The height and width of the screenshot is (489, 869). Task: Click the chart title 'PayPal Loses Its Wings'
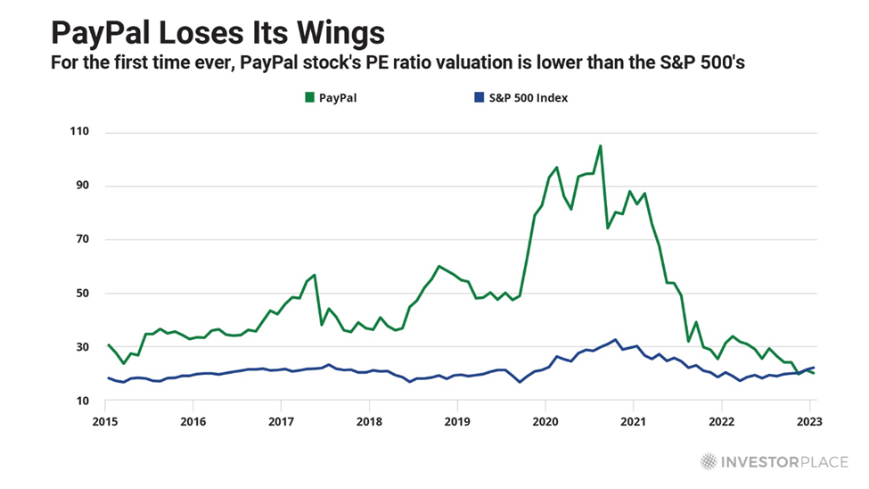coord(217,33)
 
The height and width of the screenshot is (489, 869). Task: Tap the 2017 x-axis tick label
coord(282,420)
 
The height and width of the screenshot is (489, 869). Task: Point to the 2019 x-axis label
coord(457,420)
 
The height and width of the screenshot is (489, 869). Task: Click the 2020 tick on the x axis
coord(545,420)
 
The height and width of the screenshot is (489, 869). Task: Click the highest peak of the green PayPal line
coord(600,145)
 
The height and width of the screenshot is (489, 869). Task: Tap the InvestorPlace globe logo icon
coord(709,461)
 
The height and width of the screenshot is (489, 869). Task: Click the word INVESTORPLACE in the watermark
coord(784,461)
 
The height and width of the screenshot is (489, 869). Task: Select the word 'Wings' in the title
coord(343,33)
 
